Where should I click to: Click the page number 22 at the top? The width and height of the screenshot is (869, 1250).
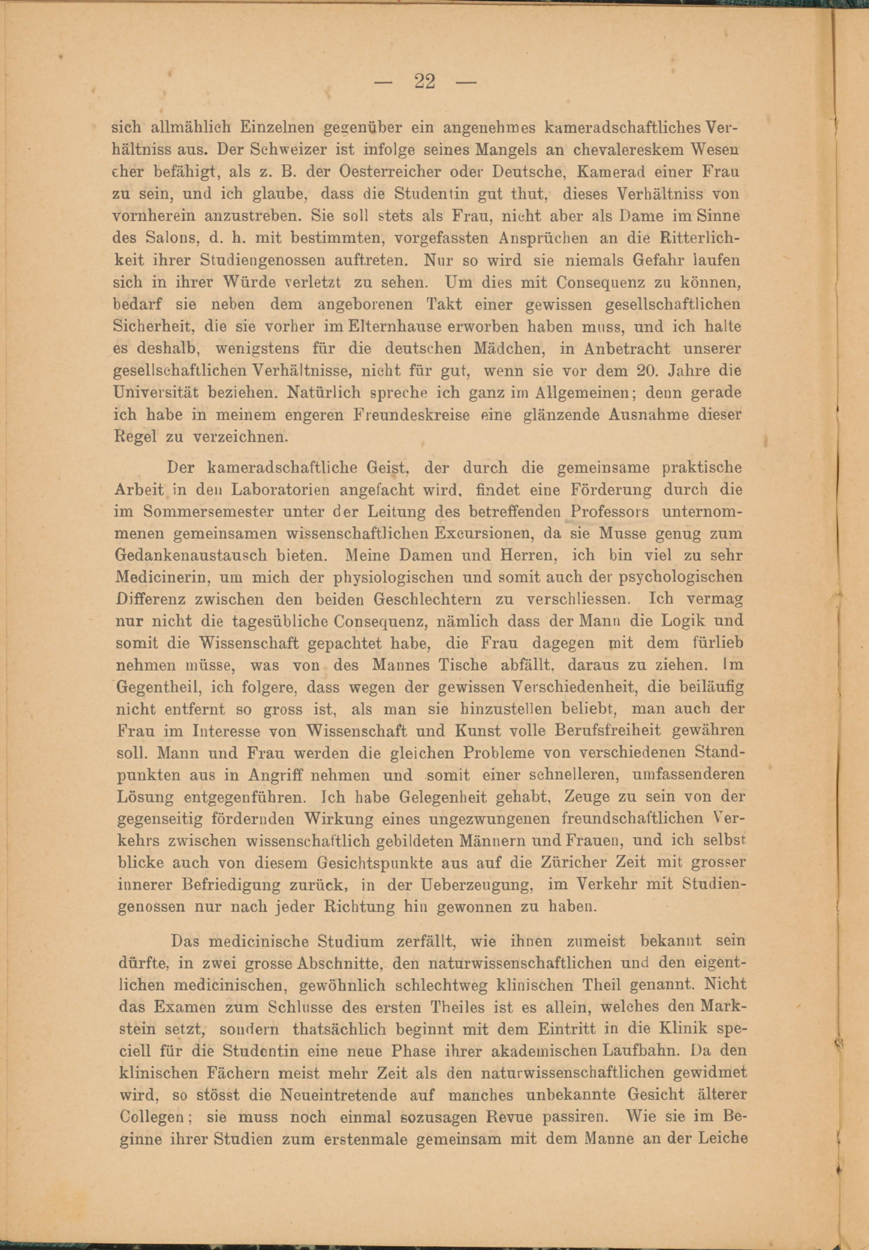pos(425,82)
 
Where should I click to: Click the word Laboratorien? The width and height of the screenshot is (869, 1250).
pos(279,490)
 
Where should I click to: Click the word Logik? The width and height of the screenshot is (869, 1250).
pos(679,622)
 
